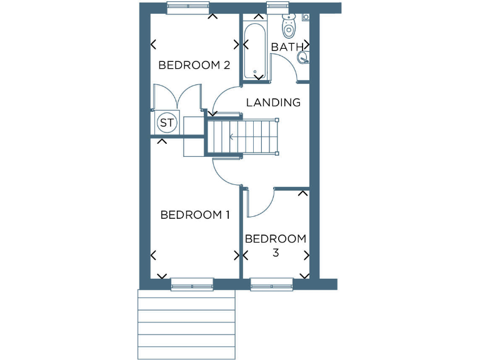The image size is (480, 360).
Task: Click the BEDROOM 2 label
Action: [194, 65]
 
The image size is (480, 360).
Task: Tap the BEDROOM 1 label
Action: [195, 215]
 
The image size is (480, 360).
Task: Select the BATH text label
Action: [287, 47]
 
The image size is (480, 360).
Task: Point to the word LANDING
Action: [273, 102]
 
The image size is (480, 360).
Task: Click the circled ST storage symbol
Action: [166, 122]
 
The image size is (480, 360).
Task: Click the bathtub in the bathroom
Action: [256, 50]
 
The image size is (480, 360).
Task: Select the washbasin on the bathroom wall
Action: [303, 58]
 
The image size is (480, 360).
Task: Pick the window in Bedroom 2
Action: [188, 7]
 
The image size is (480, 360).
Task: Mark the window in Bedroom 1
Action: [192, 284]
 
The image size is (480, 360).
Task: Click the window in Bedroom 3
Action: [271, 284]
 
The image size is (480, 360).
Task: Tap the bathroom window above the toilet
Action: [276, 7]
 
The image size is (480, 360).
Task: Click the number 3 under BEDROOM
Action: [276, 253]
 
